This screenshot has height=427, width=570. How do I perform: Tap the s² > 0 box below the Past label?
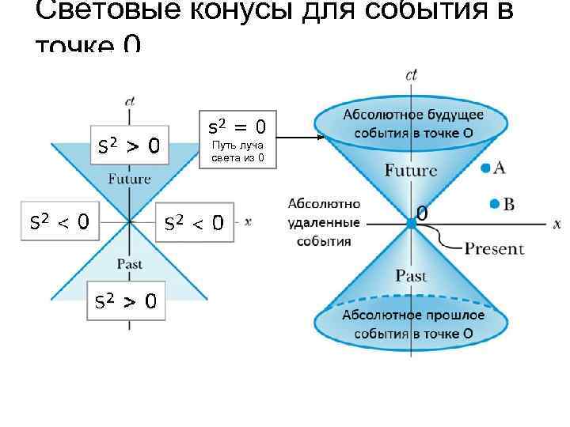125,300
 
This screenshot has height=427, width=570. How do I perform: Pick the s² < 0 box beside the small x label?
193,223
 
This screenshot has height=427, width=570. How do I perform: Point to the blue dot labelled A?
484,167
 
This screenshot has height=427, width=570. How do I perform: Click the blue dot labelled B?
494,204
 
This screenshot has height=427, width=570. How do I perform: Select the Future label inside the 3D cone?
410,170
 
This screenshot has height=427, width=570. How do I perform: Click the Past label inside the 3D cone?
410,276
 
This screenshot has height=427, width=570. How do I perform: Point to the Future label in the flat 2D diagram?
129,179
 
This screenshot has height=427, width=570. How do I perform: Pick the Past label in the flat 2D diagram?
129,263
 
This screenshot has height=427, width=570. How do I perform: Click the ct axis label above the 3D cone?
411,75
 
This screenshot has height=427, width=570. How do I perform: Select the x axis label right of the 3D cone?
557,225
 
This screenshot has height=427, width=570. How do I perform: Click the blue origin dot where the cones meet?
411,224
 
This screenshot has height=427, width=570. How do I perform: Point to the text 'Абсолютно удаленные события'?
324,221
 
